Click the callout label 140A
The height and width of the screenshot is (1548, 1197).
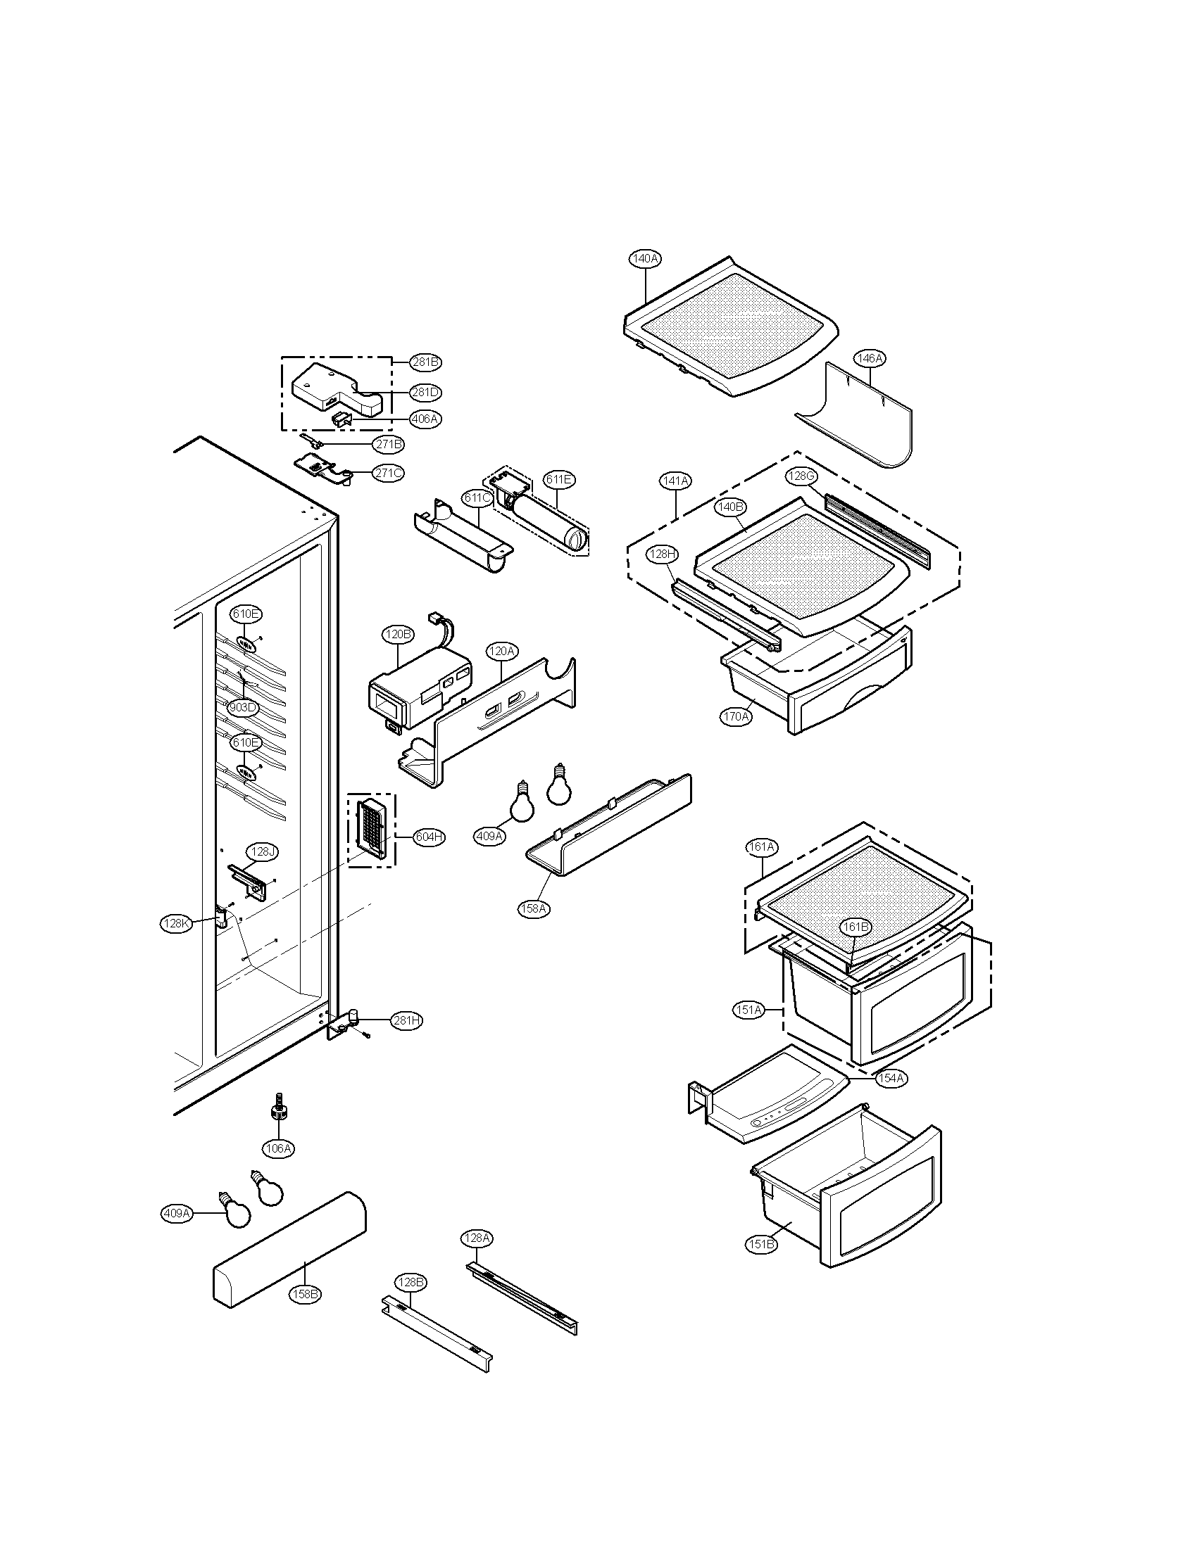pos(644,259)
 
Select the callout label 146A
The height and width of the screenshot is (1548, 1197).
pos(870,359)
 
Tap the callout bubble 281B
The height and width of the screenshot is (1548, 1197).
pos(425,362)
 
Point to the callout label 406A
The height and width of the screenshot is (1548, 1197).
pos(425,419)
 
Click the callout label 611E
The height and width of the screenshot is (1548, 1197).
pos(559,479)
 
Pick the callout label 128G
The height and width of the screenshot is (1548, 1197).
pos(801,476)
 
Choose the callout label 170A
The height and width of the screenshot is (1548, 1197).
pos(735,716)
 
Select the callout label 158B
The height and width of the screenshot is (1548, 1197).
pos(305,1293)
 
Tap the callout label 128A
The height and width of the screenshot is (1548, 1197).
pos(477,1238)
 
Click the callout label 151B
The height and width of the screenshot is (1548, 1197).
pos(761,1244)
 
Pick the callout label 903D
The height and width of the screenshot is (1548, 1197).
pos(242,707)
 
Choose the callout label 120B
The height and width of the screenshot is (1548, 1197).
pos(398,635)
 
